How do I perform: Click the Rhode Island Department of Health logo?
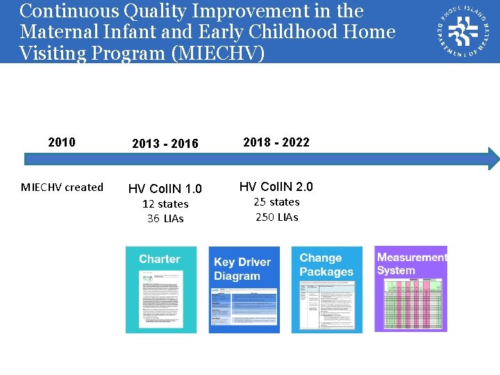462,32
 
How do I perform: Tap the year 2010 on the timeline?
62,142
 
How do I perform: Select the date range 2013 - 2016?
165,144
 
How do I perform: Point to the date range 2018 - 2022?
276,142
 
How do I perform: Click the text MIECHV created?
62,187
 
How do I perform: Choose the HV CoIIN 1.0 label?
165,189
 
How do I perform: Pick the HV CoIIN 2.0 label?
276,187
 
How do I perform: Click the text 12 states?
165,204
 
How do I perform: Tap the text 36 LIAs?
165,219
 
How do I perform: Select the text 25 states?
276,202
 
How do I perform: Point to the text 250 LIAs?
276,217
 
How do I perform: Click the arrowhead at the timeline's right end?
493,158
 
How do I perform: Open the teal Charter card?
160,290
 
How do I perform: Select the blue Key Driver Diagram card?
244,290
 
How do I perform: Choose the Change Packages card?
326,290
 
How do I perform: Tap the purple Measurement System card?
410,288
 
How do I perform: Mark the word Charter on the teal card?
159,259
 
